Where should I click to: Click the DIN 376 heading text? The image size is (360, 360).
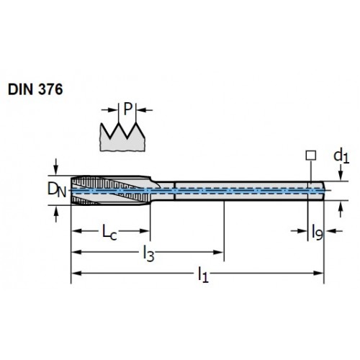[35, 89]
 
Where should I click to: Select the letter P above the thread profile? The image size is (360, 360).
[128, 109]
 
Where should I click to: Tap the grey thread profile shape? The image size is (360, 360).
[122, 138]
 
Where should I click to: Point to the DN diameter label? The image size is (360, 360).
[57, 190]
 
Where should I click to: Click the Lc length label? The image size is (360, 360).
[109, 232]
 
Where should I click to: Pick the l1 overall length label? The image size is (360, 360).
[203, 275]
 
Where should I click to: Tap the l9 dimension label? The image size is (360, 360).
[317, 232]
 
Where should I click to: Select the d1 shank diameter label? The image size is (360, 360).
[341, 156]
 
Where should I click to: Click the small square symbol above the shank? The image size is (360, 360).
[311, 156]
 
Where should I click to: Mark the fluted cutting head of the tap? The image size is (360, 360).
[112, 190]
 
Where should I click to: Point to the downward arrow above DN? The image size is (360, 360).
[56, 166]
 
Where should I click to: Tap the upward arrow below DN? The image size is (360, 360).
[56, 215]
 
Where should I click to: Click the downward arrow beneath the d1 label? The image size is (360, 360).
[341, 174]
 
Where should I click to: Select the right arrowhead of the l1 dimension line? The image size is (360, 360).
[318, 273]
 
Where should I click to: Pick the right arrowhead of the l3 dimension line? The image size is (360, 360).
[218, 252]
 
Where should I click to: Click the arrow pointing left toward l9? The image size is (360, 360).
[335, 231]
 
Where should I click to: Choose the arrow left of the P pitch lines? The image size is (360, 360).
[109, 110]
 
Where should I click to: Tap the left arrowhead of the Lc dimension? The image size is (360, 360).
[77, 231]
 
